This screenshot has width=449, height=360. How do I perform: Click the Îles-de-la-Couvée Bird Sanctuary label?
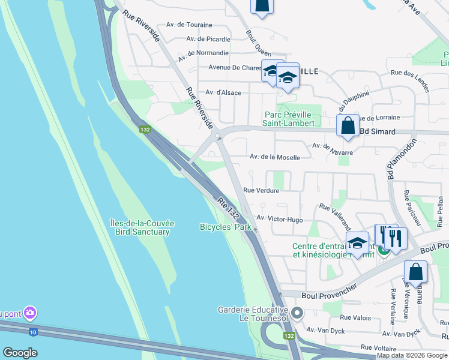pyautogui.click(x=142, y=227)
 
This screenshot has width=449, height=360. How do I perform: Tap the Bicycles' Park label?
pyautogui.click(x=225, y=227)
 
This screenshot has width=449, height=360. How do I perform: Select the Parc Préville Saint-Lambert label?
pyautogui.click(x=289, y=119)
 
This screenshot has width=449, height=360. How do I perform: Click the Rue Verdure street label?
pyautogui.click(x=261, y=191)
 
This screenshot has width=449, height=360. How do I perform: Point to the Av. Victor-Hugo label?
pyautogui.click(x=280, y=220)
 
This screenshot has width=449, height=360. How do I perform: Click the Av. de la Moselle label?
pyautogui.click(x=274, y=157)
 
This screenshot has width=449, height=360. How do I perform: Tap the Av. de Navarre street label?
pyautogui.click(x=333, y=149)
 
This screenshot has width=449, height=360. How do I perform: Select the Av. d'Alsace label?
pyautogui.click(x=223, y=92)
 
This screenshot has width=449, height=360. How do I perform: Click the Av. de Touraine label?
pyautogui.click(x=192, y=25)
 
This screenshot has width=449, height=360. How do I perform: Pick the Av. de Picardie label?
pyautogui.click(x=208, y=39)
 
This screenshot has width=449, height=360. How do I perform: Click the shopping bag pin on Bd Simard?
pyautogui.click(x=348, y=127)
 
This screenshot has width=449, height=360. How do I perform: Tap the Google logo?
pyautogui.click(x=20, y=353)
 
